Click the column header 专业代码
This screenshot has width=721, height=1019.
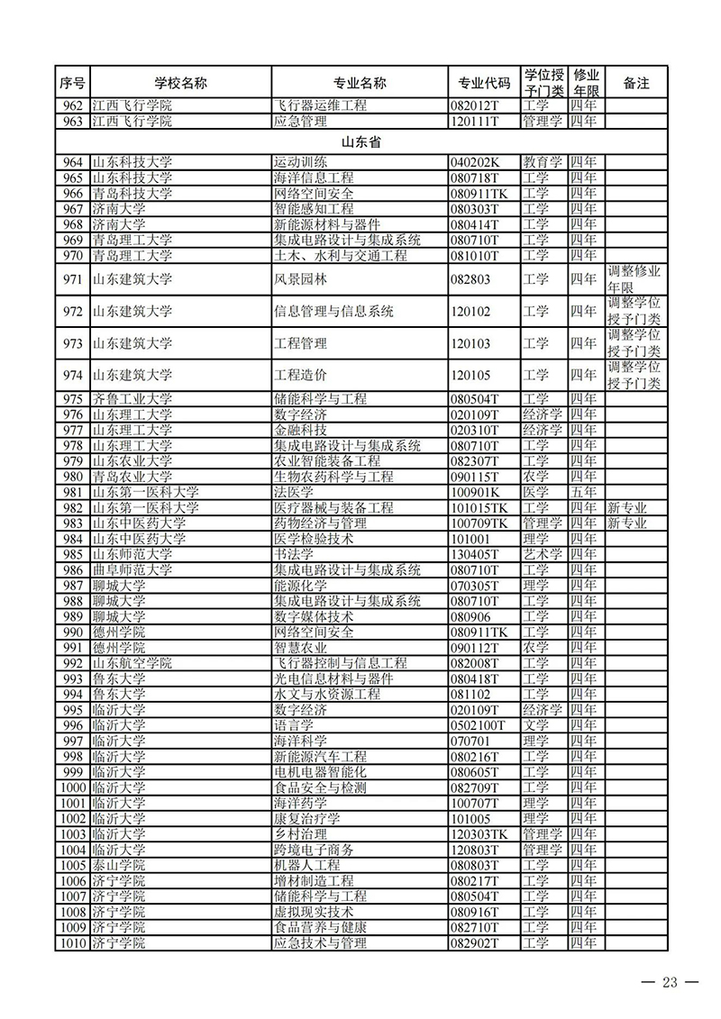pos(484,83)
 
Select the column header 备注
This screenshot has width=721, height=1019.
pos(636,83)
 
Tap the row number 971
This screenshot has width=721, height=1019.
pos(73,279)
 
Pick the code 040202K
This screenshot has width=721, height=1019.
pos(474,162)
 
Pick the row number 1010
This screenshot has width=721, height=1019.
pos(71,942)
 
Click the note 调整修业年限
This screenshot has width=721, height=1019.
pos(634,279)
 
